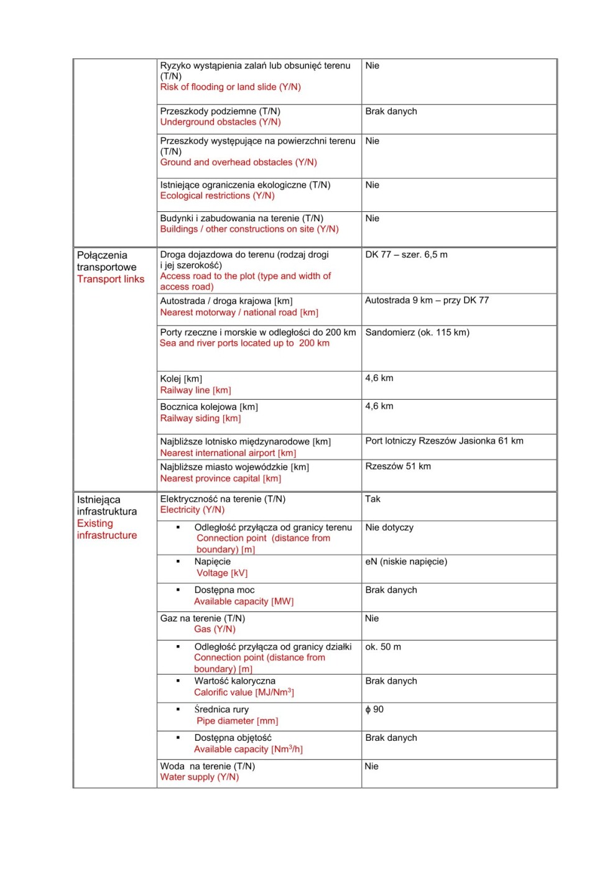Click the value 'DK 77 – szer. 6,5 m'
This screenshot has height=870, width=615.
click(406, 255)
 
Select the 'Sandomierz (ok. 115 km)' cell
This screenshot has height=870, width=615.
click(417, 332)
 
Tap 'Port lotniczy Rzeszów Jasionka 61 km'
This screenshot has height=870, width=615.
click(444, 441)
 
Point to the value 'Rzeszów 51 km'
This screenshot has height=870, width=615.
click(398, 467)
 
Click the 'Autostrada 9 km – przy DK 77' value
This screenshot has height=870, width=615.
click(427, 301)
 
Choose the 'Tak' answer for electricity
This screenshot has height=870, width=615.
click(372, 499)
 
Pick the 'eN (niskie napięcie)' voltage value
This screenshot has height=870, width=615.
click(406, 562)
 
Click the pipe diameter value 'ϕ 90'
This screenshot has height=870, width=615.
click(374, 710)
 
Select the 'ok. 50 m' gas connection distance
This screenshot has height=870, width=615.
click(383, 647)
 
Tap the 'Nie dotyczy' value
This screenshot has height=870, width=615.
click(389, 528)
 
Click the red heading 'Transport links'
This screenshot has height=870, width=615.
click(111, 280)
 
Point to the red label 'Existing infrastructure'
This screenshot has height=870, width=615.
click(106, 529)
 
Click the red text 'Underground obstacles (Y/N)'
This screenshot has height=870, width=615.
click(220, 122)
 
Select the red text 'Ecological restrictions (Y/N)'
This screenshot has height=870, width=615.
click(217, 196)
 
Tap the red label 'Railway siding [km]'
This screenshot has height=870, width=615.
click(200, 419)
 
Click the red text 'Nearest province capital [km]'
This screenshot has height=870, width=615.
click(220, 478)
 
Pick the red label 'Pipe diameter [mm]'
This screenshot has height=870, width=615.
click(237, 721)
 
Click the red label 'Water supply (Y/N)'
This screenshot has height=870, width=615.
click(199, 777)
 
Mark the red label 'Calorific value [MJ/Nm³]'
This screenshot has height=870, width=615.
click(244, 692)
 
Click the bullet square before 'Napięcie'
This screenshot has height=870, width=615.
click(178, 561)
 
